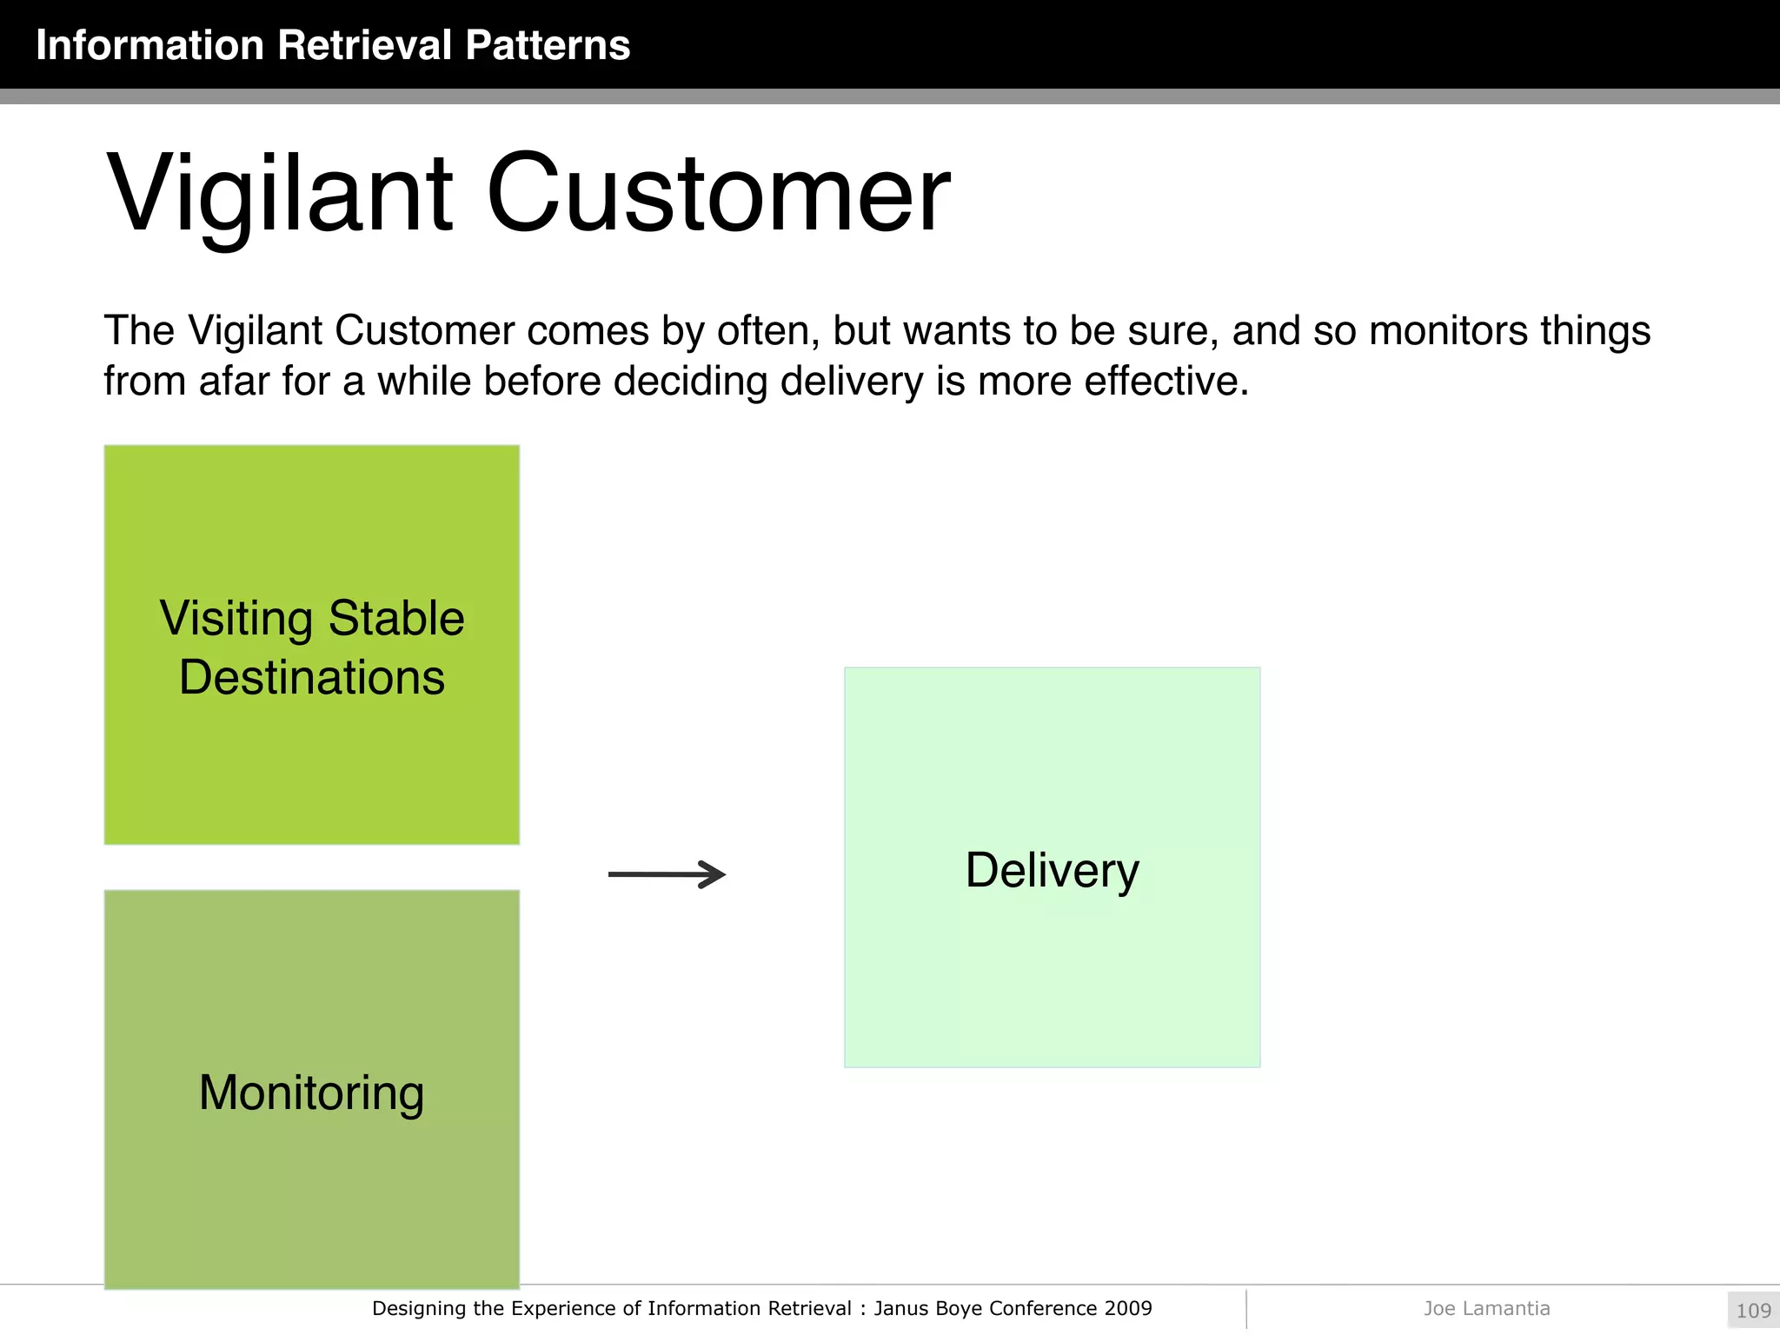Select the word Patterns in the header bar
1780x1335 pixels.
pos(547,45)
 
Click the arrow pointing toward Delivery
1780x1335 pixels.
pos(667,874)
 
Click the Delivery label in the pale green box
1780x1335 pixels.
pos(1052,870)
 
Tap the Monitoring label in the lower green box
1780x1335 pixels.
pos(311,1093)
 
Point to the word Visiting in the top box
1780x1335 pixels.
pos(236,619)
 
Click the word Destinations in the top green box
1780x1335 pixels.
pos(311,678)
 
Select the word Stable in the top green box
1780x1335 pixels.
pos(396,619)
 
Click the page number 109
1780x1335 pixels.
pos(1753,1311)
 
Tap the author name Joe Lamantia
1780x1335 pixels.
pos(1486,1308)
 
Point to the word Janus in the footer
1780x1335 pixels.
pos(900,1308)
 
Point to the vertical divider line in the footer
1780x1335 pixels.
pos(1246,1309)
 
